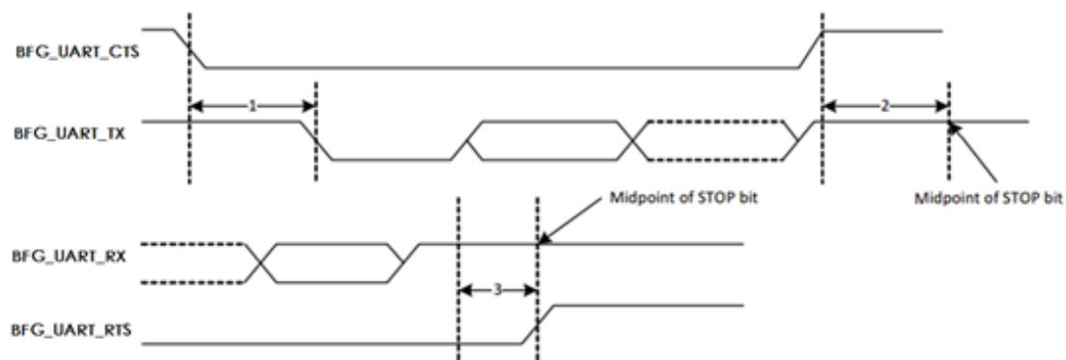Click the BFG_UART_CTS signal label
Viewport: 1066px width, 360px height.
76,53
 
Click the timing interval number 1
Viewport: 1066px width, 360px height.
252,106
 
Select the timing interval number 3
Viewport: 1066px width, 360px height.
497,290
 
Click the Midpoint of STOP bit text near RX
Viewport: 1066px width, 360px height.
665,199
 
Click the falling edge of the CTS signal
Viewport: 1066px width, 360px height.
189,49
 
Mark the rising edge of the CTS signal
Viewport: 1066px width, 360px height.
811,49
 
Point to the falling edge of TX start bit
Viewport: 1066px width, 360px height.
316,141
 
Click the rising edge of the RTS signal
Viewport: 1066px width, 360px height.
538,324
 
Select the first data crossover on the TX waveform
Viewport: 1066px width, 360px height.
467,141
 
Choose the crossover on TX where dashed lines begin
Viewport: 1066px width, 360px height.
633,141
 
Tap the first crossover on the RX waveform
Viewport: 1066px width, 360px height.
260,263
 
